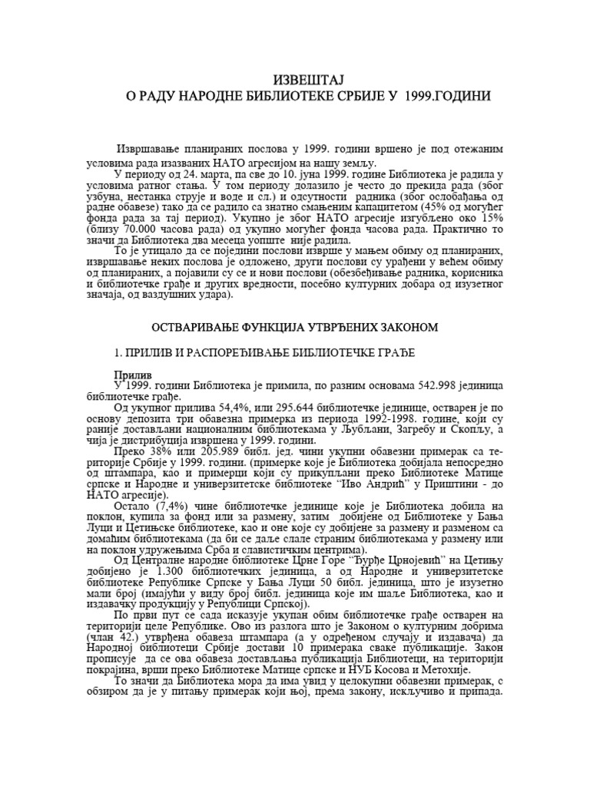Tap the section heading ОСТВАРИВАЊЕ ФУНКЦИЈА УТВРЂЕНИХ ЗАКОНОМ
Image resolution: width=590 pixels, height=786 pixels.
[295, 327]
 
